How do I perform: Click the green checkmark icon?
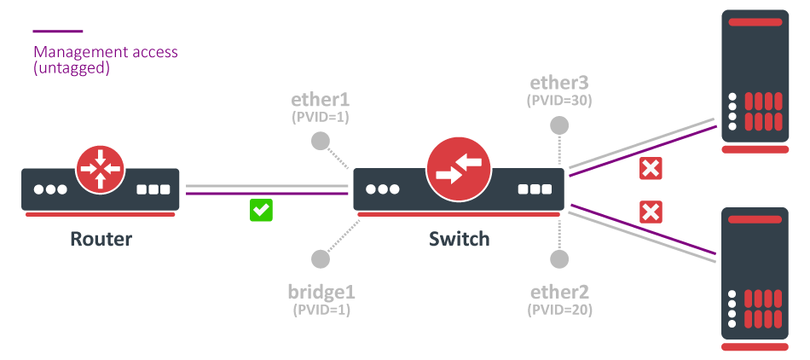click(x=261, y=210)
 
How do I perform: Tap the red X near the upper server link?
click(x=651, y=169)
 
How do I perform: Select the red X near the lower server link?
click(x=651, y=212)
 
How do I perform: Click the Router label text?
click(x=101, y=239)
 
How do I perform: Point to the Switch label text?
click(x=460, y=239)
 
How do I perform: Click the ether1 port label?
click(x=321, y=99)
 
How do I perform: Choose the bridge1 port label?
click(x=321, y=293)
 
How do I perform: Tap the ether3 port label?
click(x=559, y=83)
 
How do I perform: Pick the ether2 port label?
click(x=560, y=293)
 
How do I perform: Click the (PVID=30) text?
click(x=559, y=100)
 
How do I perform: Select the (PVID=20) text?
click(x=560, y=310)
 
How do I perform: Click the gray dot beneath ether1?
click(x=321, y=141)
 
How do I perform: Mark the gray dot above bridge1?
click(x=321, y=258)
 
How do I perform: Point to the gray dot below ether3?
click(x=559, y=125)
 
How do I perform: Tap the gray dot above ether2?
click(x=559, y=259)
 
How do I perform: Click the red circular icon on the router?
click(x=101, y=168)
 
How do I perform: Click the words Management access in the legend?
click(x=106, y=52)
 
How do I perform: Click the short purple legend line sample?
click(x=58, y=32)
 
